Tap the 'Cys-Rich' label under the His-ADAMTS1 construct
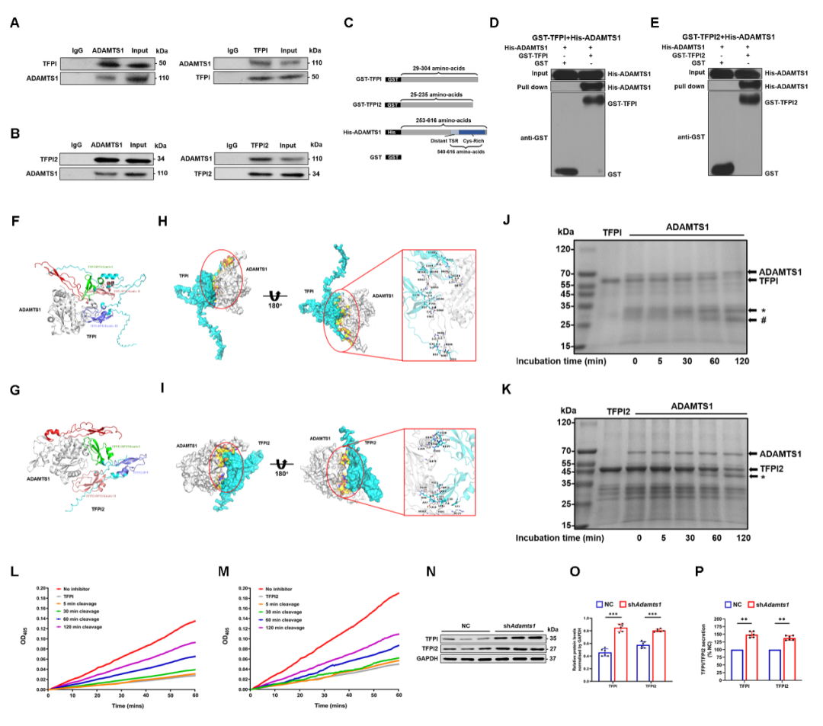[x=470, y=142]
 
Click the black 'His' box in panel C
[x=392, y=132]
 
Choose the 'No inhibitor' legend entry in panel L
[x=80, y=589]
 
